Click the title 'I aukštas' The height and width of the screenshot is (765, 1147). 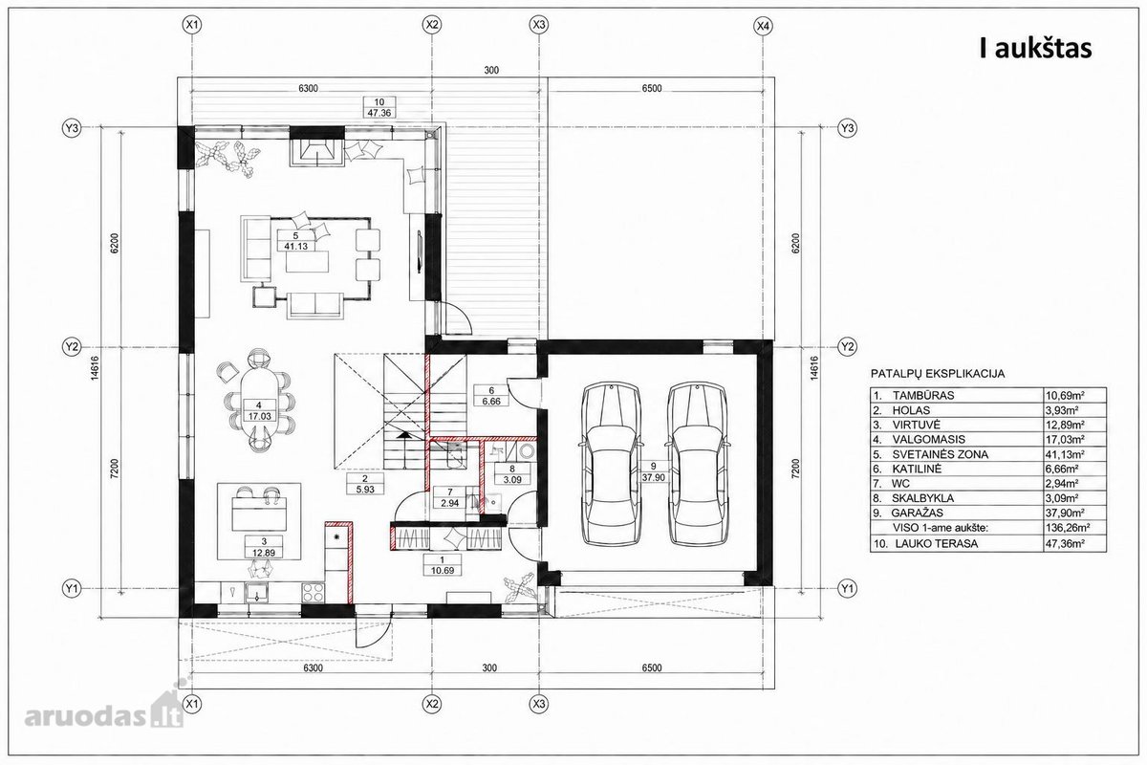pyautogui.click(x=1036, y=48)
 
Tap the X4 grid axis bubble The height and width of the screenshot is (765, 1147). pyautogui.click(x=764, y=25)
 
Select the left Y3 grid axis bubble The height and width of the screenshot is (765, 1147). pyautogui.click(x=72, y=127)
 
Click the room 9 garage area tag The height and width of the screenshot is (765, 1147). pyautogui.click(x=652, y=471)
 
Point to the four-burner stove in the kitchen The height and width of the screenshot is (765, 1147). pyautogui.click(x=313, y=593)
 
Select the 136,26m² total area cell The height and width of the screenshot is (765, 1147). pyautogui.click(x=1068, y=528)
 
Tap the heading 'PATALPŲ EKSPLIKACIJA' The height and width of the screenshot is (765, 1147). pyautogui.click(x=938, y=374)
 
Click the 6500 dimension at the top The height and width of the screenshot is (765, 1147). pyautogui.click(x=651, y=88)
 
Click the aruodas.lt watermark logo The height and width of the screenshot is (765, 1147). pyautogui.click(x=105, y=712)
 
